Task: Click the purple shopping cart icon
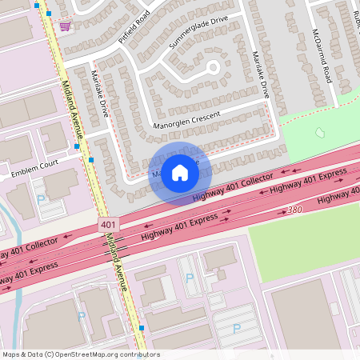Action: [64, 26]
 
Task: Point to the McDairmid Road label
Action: [321, 55]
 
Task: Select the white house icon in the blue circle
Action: [180, 172]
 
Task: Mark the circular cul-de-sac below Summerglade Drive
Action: [213, 67]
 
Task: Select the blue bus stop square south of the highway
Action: [142, 327]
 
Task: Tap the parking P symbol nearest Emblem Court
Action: [41, 199]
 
